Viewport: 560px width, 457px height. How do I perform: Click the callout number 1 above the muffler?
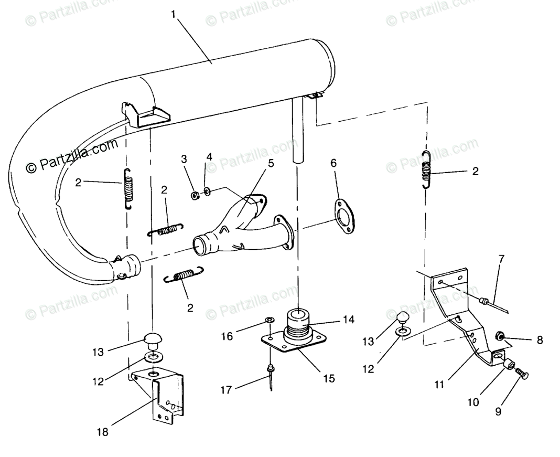174,15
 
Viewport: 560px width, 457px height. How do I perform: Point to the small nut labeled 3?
193,196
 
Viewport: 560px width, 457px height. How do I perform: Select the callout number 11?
439,385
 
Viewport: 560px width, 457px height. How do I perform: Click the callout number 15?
329,377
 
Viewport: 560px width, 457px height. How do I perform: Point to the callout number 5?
271,163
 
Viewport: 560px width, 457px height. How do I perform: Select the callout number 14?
349,318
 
